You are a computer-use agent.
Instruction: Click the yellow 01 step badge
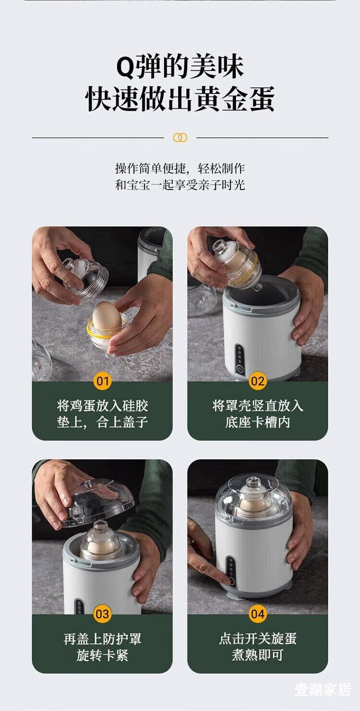click(102, 381)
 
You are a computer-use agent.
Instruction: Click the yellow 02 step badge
click(257, 381)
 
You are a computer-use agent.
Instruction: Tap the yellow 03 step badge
click(102, 614)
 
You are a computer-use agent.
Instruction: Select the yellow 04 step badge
click(257, 614)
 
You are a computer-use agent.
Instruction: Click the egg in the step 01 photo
click(107, 317)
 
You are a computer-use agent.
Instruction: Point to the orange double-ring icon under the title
click(180, 137)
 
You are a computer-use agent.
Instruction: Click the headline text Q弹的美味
click(180, 67)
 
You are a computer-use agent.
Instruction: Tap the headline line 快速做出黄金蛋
click(180, 99)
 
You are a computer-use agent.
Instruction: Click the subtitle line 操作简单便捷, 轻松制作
click(180, 168)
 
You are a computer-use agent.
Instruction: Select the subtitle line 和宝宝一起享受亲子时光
click(180, 185)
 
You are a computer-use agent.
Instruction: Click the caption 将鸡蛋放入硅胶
click(102, 406)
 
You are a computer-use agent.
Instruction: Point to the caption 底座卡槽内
click(257, 422)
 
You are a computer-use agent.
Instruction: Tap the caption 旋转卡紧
click(102, 655)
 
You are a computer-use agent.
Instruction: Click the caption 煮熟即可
click(257, 655)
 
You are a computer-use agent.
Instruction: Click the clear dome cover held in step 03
click(91, 503)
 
